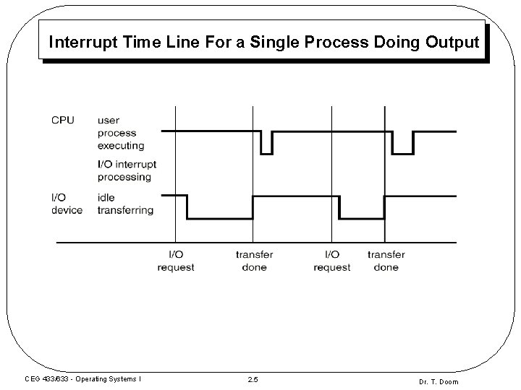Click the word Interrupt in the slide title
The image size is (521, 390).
pyautogui.click(x=77, y=43)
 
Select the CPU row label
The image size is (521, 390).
pyautogui.click(x=62, y=120)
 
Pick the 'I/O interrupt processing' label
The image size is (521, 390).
pyautogui.click(x=127, y=170)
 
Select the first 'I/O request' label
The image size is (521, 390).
pyautogui.click(x=176, y=261)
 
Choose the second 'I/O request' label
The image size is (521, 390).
pyautogui.click(x=332, y=261)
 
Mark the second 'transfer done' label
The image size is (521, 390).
pyautogui.click(x=386, y=261)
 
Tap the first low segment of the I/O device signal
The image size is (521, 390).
pyautogui.click(x=220, y=219)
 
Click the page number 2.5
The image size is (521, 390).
pyautogui.click(x=253, y=381)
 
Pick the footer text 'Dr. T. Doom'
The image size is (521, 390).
pyautogui.click(x=438, y=381)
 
